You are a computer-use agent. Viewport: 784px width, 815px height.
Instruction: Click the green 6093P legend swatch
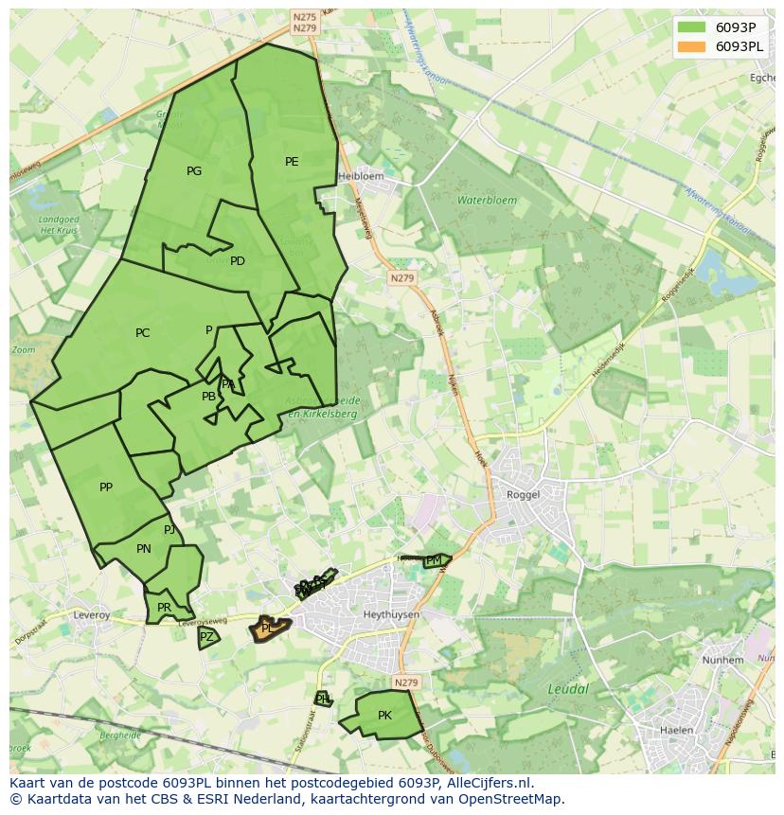coord(691,27)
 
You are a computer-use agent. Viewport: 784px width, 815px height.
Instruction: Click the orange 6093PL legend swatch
coord(691,46)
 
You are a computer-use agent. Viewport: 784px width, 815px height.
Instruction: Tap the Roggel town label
coord(523,494)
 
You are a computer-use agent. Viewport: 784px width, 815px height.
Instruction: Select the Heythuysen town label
coord(391,614)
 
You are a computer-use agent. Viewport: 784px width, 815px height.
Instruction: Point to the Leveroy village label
coord(92,614)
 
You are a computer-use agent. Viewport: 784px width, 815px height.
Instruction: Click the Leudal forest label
coord(568,689)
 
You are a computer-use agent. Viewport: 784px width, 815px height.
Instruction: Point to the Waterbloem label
coord(488,201)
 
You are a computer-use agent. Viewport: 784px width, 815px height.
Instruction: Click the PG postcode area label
coord(194,171)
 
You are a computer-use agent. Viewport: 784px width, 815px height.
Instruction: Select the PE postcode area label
coord(292,162)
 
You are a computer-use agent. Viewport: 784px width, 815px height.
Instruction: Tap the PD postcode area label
coord(238,261)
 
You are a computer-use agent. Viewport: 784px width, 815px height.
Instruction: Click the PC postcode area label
coord(142,333)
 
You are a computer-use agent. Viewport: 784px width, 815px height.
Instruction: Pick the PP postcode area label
coord(106,487)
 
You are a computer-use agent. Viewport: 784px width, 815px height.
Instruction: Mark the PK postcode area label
coord(384,716)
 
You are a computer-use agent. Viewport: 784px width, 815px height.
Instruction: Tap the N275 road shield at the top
coord(304,17)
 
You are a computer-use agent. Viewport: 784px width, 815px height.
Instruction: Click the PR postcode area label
coord(164,608)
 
